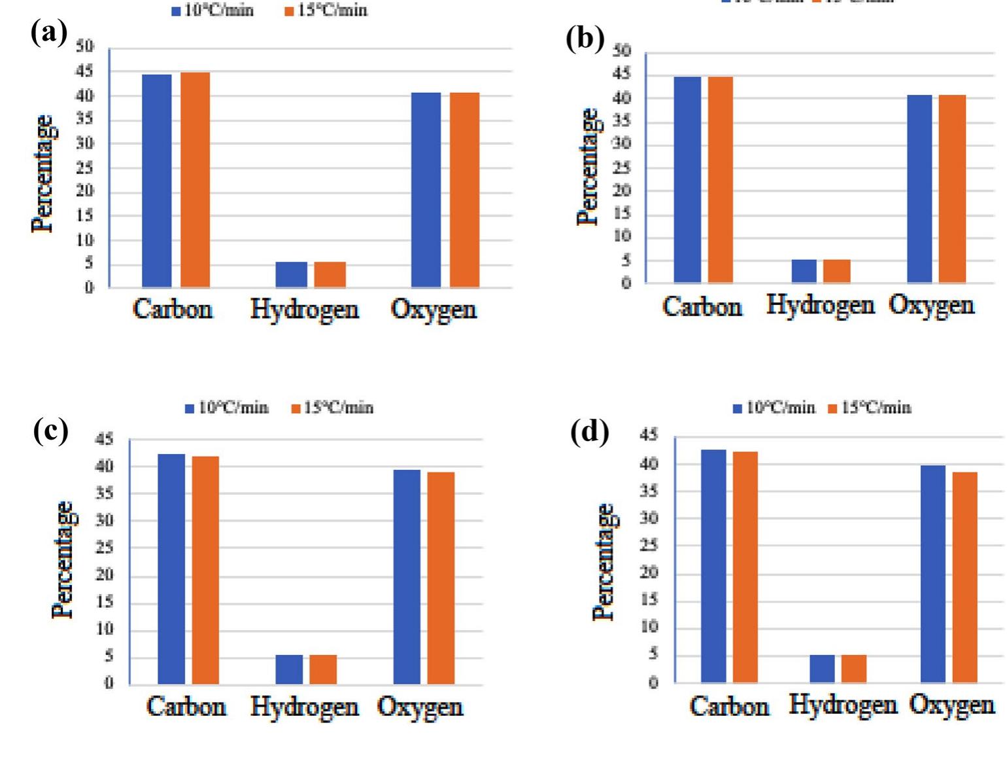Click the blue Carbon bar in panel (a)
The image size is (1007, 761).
pos(157,181)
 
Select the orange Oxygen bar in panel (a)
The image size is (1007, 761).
pos(464,190)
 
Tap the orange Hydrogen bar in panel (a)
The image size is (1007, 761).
pos(330,274)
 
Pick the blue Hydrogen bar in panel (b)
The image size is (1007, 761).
pos(804,271)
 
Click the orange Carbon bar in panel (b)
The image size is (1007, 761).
pos(720,179)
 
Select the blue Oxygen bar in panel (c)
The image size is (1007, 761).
pos(407,576)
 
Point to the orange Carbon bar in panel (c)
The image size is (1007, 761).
pos(205,570)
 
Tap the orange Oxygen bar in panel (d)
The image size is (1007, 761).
pos(964,576)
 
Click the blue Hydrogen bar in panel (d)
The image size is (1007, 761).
pos(822,668)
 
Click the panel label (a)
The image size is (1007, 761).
pos(49,33)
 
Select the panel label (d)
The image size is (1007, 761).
pos(589,432)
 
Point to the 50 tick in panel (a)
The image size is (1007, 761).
pos(85,46)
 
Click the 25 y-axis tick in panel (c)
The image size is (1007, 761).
pos(105,548)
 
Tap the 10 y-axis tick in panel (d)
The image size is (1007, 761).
pos(649,627)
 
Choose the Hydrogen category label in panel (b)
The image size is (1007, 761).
pos(820,306)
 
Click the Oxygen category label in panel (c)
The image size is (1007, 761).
pos(420,707)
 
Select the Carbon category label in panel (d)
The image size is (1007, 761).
pos(729,707)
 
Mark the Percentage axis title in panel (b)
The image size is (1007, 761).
pos(588,168)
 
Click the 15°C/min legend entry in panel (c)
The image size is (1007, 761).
pos(332,408)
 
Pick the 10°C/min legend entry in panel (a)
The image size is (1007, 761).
pos(213,10)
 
